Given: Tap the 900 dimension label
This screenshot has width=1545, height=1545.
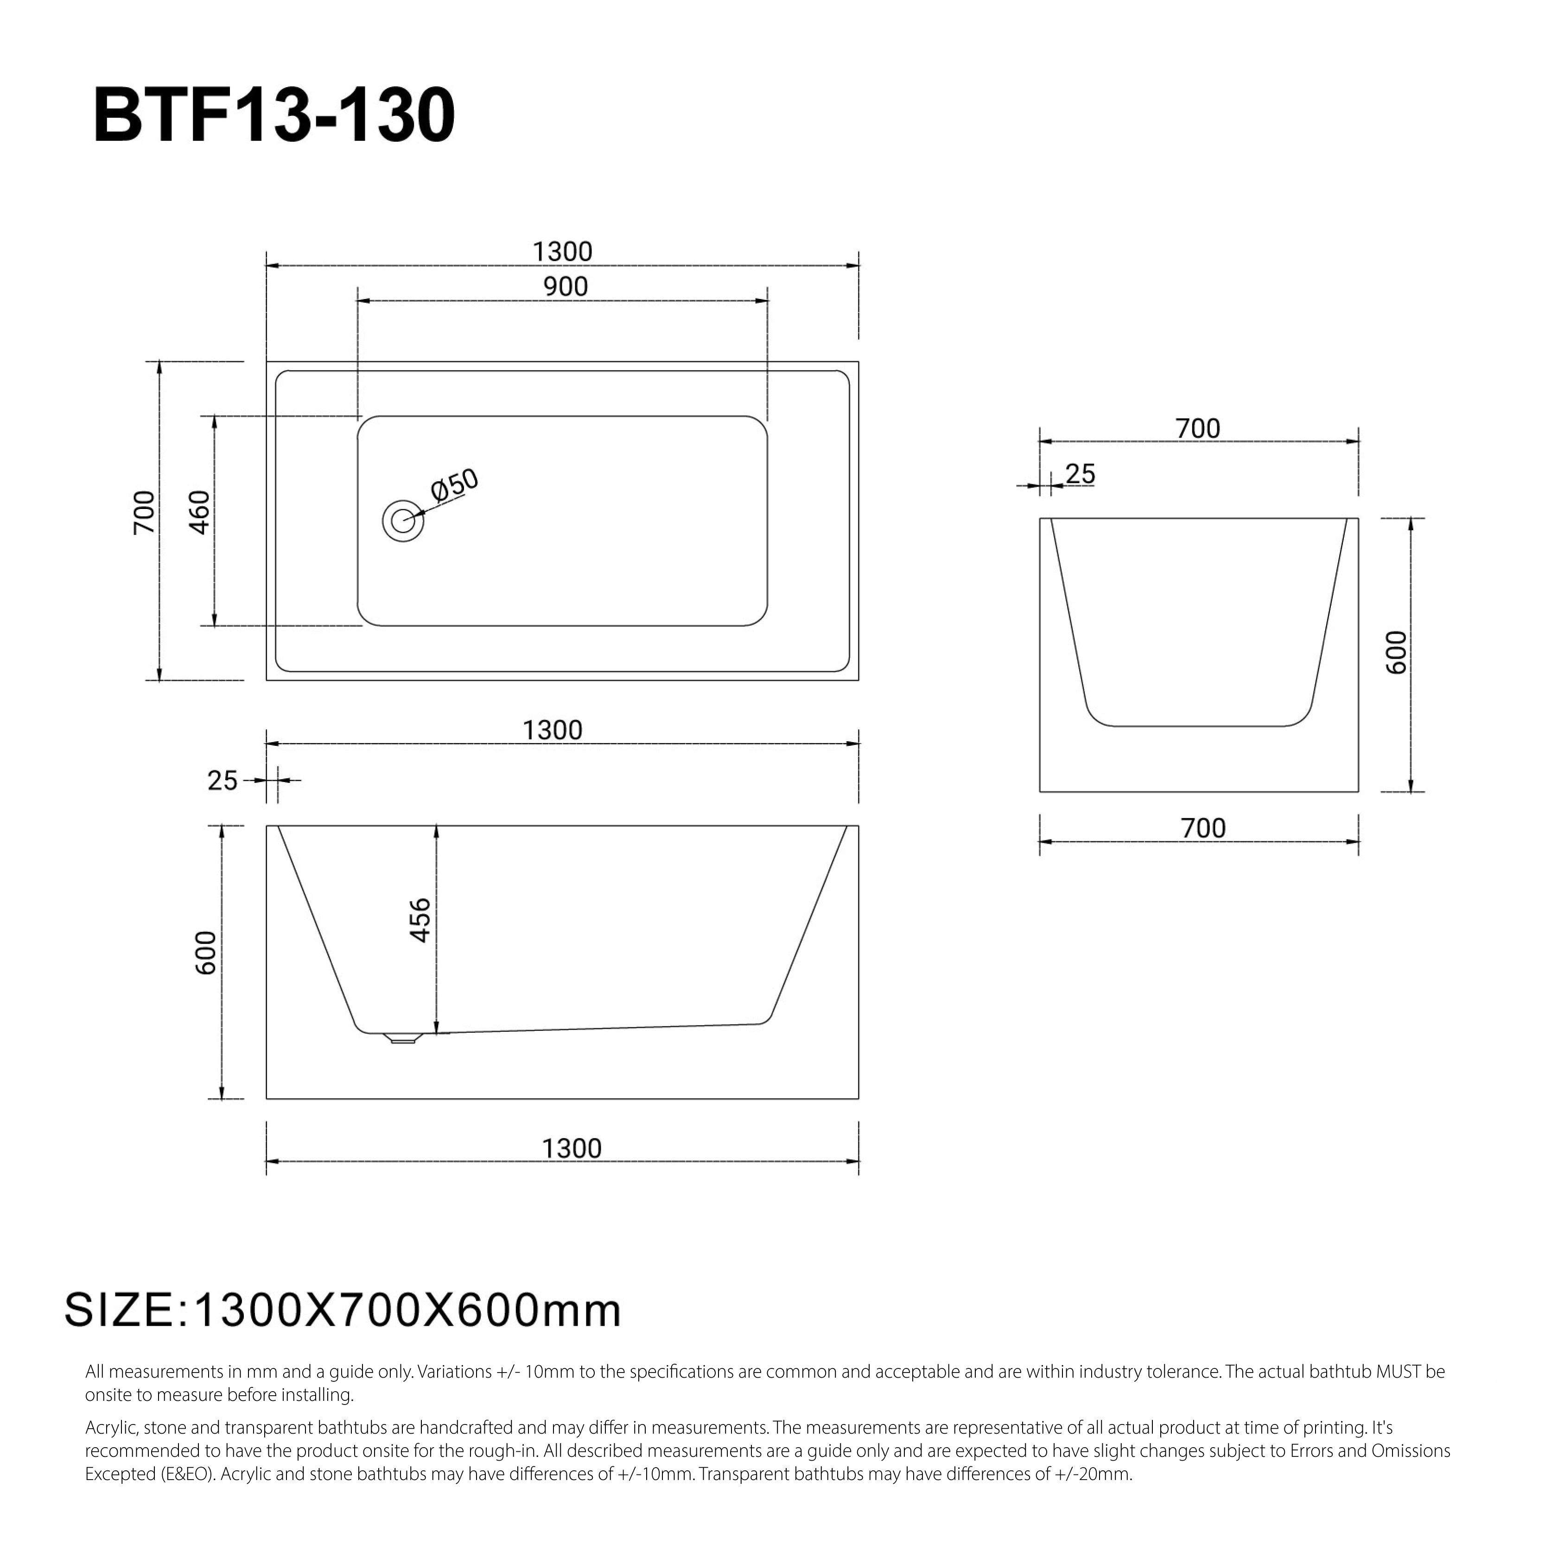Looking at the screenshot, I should click(x=566, y=286).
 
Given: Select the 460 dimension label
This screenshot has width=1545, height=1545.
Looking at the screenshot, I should click(x=199, y=513).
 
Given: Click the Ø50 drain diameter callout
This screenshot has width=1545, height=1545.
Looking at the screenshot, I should click(x=454, y=484).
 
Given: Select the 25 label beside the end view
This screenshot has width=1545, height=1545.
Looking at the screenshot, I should click(x=1081, y=474).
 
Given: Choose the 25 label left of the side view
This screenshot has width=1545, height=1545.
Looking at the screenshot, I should click(x=223, y=781).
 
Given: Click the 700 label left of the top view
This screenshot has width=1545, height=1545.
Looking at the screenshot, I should click(x=144, y=513).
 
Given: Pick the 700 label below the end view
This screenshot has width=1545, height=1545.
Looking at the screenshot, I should click(x=1203, y=828).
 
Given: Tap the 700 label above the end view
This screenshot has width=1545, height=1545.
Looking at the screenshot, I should click(x=1198, y=429).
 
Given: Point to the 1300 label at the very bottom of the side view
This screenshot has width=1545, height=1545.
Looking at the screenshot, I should click(x=572, y=1148).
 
